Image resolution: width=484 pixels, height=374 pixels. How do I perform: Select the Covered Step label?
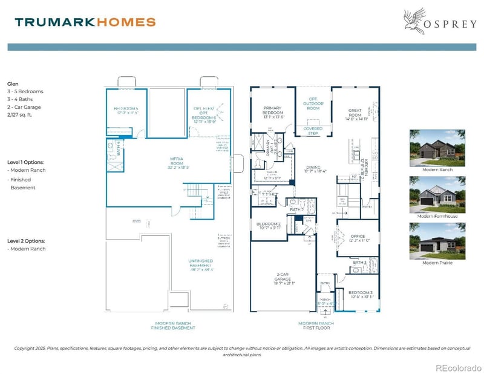312,131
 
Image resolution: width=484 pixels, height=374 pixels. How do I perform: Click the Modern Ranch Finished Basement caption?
173,326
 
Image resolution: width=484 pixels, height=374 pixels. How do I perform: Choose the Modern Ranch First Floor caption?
315,326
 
